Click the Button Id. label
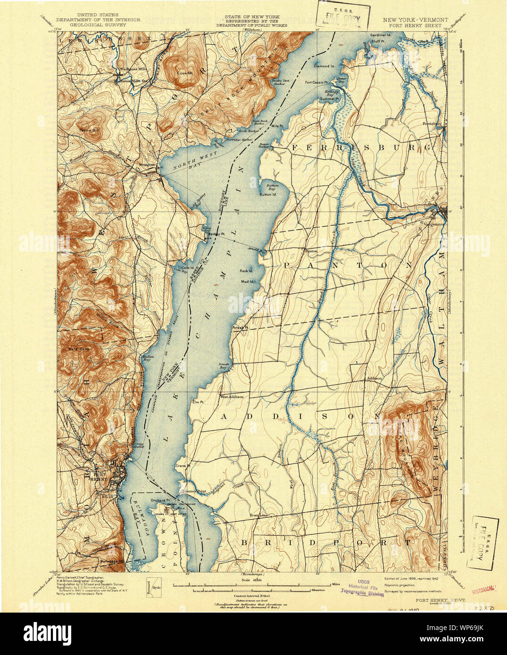pos(268,194)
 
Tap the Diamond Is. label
pos(324,66)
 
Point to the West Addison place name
pos(232,397)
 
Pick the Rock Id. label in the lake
pos(247,271)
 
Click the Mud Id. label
pos(248,281)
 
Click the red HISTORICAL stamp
pos(484,589)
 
